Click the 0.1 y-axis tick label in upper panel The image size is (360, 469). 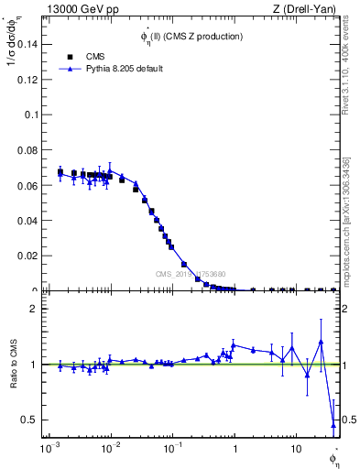(31, 115)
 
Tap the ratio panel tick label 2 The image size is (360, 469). (36, 309)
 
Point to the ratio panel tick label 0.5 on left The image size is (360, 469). (32, 420)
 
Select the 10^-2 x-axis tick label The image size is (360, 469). (111, 451)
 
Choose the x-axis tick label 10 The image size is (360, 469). (295, 451)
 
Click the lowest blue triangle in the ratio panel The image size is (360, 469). (333, 425)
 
